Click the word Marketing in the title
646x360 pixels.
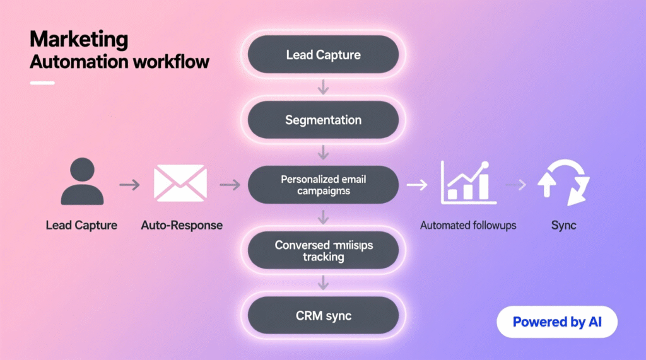[78, 39]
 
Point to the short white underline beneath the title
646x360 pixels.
[42, 83]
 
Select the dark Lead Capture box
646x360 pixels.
[323, 54]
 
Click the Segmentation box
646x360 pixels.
[323, 120]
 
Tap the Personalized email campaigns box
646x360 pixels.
[323, 185]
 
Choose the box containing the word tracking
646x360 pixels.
[323, 250]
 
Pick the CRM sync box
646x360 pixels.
[323, 315]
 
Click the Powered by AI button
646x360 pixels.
[556, 322]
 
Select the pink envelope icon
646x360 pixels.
[180, 183]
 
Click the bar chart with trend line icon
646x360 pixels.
[466, 182]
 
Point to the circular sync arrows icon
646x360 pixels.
[563, 183]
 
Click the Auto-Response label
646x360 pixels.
[182, 225]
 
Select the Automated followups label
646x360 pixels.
[468, 225]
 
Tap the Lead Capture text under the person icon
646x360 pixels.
[81, 225]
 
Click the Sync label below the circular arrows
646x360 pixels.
[563, 225]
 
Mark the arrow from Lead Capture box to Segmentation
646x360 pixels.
[323, 87]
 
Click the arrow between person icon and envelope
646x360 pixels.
[130, 185]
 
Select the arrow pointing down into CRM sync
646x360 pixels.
[323, 283]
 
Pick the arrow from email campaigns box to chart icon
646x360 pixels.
[416, 185]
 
